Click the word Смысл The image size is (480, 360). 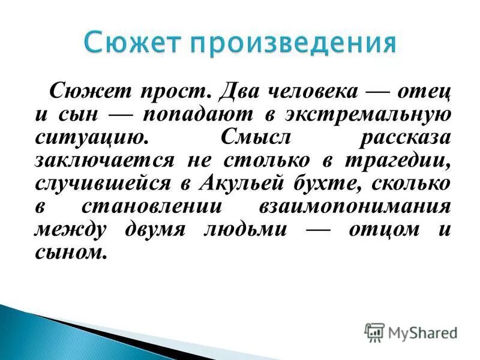pos(255,137)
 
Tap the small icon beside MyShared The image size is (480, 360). pos(374,332)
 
